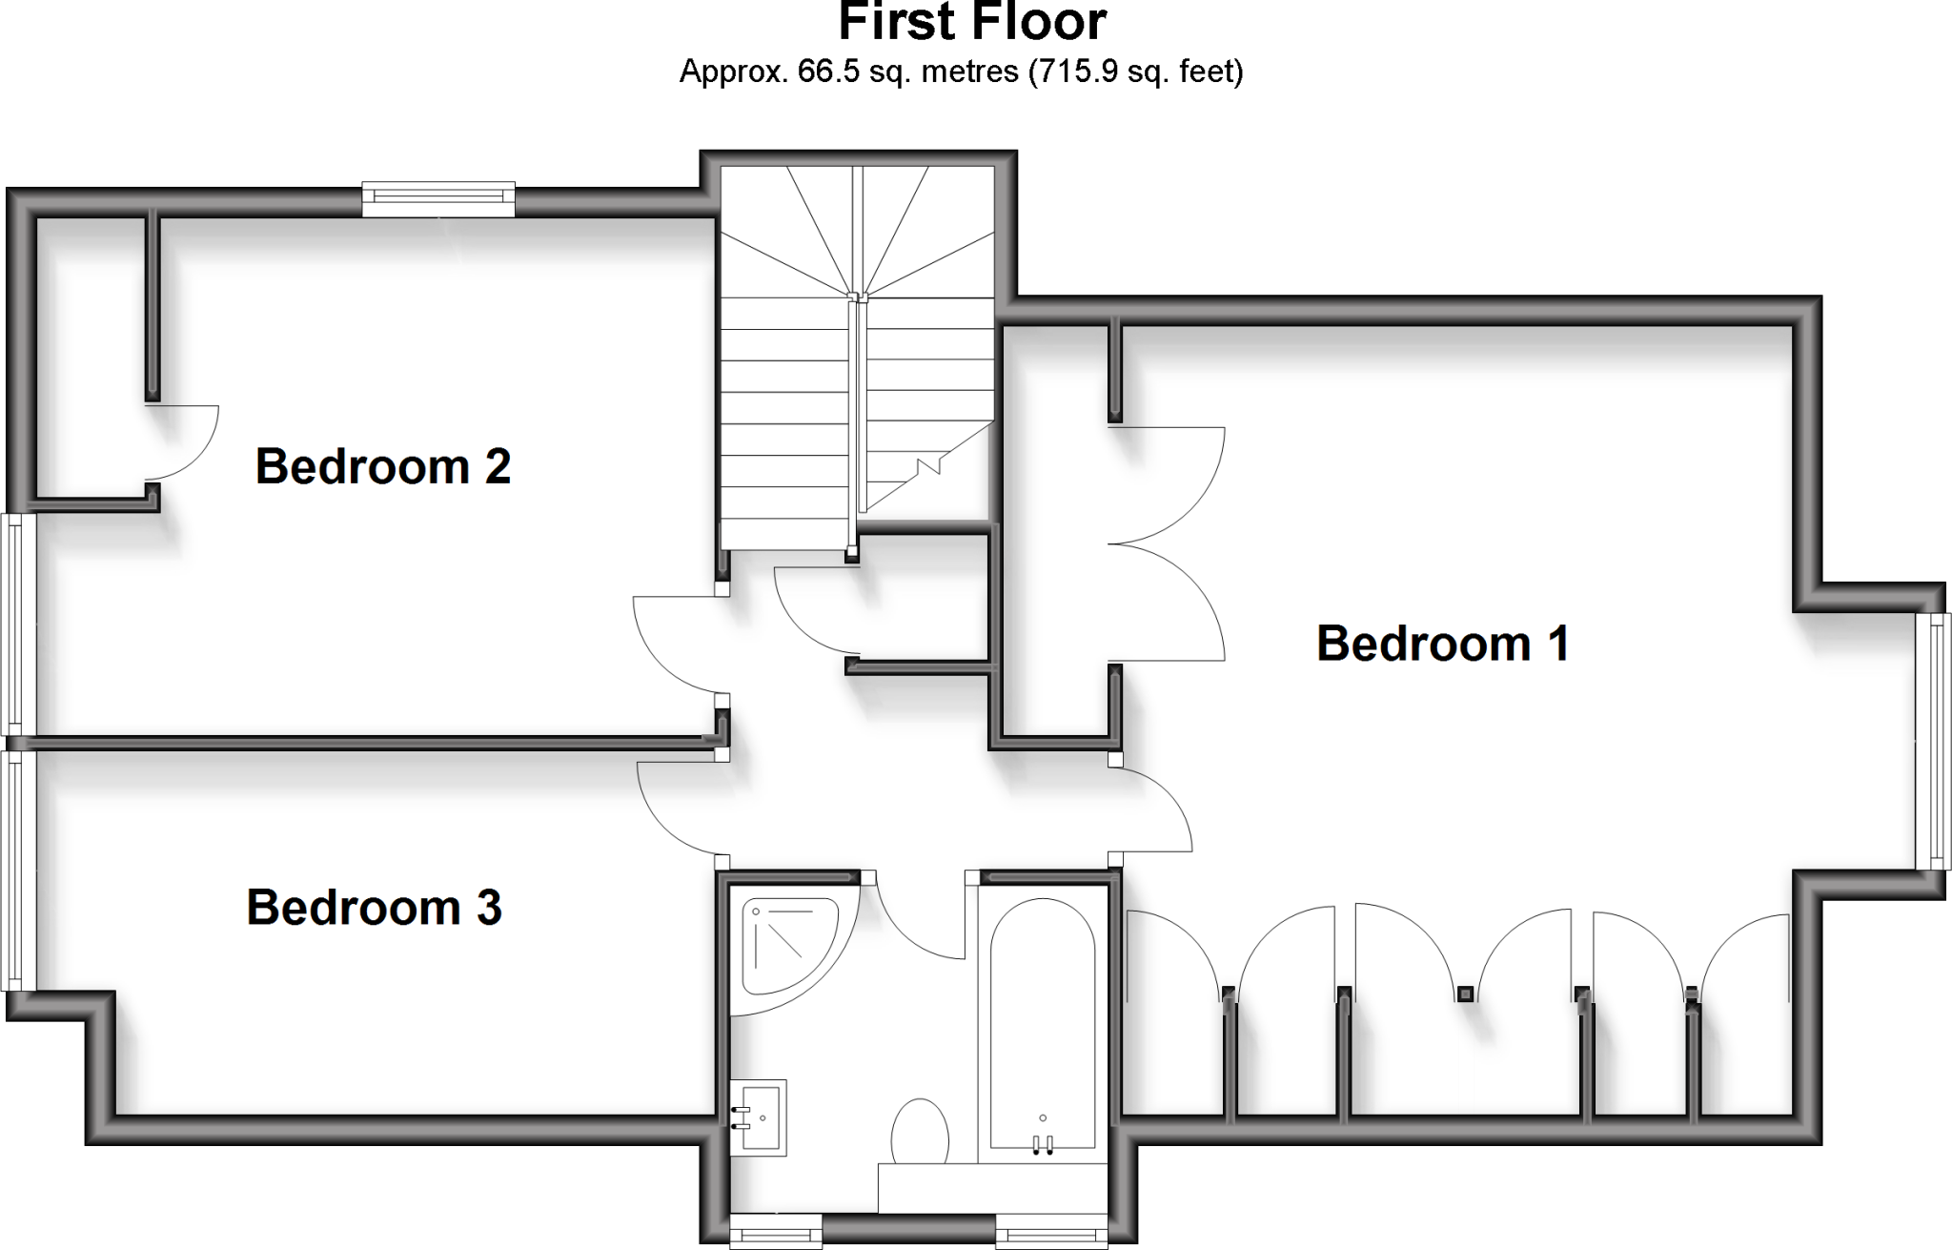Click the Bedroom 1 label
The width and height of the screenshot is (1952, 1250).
(1442, 644)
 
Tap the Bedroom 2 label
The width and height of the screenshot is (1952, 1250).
(382, 467)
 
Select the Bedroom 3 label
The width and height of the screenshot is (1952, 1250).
(374, 908)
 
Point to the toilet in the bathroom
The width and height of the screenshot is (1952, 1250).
(920, 1132)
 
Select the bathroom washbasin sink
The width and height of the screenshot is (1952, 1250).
(759, 1117)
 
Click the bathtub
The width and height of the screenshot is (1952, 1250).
(1042, 1025)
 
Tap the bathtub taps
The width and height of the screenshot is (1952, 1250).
(1042, 1144)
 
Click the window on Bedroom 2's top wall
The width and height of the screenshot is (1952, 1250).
(438, 197)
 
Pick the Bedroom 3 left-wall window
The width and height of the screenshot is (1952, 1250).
(16, 871)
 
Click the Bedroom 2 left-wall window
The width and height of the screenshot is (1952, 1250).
(16, 625)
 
